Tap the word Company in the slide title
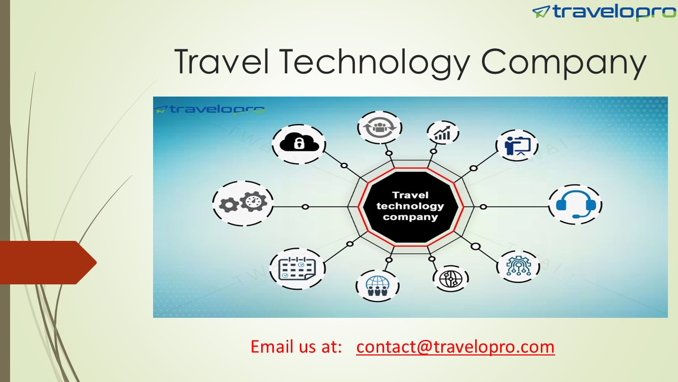click(x=564, y=62)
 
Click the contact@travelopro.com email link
click(x=455, y=346)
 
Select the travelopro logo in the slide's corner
click(x=603, y=12)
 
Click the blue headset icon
click(x=575, y=204)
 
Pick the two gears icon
click(x=243, y=203)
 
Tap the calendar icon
click(x=297, y=268)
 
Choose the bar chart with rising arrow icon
click(x=442, y=133)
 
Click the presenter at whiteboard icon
click(x=516, y=145)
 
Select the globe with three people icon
click(x=377, y=285)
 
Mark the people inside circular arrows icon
click(x=379, y=127)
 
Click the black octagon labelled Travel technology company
click(x=411, y=206)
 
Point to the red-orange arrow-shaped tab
click(x=45, y=262)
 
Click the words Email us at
click(x=296, y=346)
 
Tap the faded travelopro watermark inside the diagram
click(x=210, y=110)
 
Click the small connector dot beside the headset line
click(x=483, y=206)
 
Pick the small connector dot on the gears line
click(x=305, y=206)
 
